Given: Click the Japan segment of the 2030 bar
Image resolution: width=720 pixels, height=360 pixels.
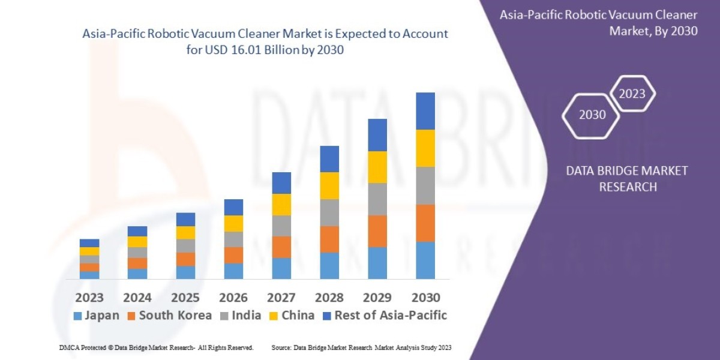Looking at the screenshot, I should click(x=425, y=260).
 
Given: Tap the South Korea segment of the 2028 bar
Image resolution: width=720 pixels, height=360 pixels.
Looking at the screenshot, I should click(x=329, y=239).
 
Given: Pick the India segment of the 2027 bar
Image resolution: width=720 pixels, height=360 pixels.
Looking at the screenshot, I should click(x=281, y=226).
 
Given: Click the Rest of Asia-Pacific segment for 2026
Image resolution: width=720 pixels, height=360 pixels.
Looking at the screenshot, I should click(x=233, y=207).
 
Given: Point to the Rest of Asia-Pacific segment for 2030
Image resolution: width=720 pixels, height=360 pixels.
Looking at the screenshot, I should click(x=425, y=111).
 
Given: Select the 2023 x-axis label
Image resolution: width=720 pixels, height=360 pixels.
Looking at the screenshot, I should click(x=89, y=297).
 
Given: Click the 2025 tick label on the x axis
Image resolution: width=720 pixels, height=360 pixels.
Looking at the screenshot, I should click(x=185, y=297).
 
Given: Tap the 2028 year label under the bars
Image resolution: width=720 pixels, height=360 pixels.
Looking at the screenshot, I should click(x=329, y=297).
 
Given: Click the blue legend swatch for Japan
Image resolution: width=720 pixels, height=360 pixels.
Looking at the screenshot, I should click(x=77, y=316).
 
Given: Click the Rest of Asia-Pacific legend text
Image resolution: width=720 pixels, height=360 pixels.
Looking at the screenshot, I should click(x=391, y=315).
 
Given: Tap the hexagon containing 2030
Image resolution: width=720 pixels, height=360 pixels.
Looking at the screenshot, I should click(x=591, y=115).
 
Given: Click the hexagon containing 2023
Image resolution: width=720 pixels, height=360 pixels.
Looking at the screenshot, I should click(x=632, y=94).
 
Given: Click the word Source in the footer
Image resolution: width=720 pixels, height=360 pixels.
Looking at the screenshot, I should click(x=282, y=347).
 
